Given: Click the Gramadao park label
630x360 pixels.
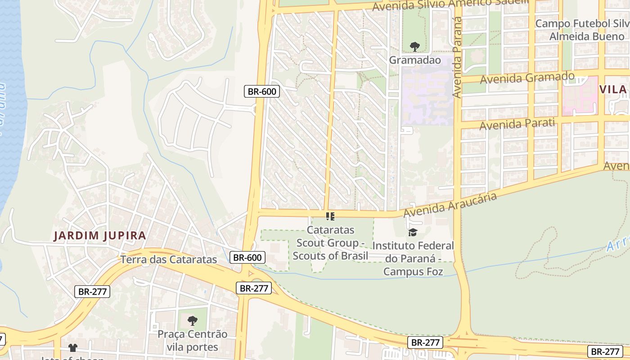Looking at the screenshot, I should pyautogui.click(x=414, y=60).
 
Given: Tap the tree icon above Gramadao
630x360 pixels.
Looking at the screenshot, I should pyautogui.click(x=414, y=46).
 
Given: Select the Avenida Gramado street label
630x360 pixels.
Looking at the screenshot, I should pyautogui.click(x=527, y=78).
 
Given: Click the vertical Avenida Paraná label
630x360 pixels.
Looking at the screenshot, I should pyautogui.click(x=458, y=58).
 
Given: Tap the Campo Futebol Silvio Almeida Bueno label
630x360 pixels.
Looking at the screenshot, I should pyautogui.click(x=580, y=30).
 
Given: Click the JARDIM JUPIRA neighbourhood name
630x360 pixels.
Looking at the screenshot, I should pyautogui.click(x=100, y=235).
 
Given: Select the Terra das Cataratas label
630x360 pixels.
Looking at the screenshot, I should pyautogui.click(x=169, y=260).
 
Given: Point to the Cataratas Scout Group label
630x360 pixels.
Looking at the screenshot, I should pyautogui.click(x=330, y=243).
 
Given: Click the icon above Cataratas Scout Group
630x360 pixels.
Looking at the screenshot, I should pyautogui.click(x=330, y=216).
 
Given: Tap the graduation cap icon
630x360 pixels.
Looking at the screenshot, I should pyautogui.click(x=413, y=233).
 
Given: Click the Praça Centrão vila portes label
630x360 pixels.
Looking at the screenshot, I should pyautogui.click(x=193, y=341).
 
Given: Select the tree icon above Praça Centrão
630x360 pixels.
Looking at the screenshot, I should pyautogui.click(x=193, y=321).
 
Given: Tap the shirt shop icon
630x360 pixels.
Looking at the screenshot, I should pyautogui.click(x=73, y=347).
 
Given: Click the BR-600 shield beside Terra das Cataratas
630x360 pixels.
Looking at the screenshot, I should pyautogui.click(x=247, y=257).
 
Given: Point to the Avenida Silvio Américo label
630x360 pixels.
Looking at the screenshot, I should pyautogui.click(x=450, y=4).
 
